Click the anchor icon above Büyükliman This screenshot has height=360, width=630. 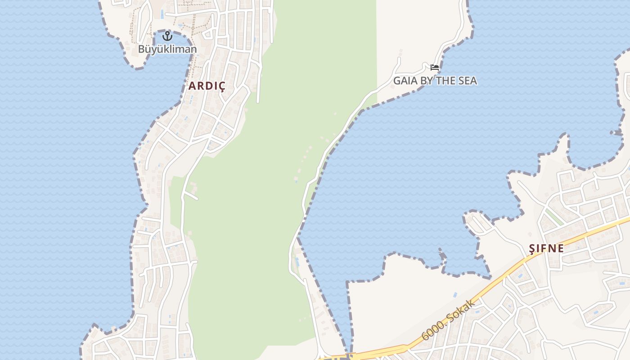(168, 36)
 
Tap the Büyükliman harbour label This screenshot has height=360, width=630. (167, 49)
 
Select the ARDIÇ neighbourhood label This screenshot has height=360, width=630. (207, 86)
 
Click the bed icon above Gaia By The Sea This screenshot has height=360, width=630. (435, 67)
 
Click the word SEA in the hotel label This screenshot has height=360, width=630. (467, 81)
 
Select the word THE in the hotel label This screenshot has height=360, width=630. (445, 81)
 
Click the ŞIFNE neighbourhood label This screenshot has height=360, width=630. (546, 248)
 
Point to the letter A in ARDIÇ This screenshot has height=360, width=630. (192, 86)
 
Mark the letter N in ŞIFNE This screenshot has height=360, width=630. (552, 248)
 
